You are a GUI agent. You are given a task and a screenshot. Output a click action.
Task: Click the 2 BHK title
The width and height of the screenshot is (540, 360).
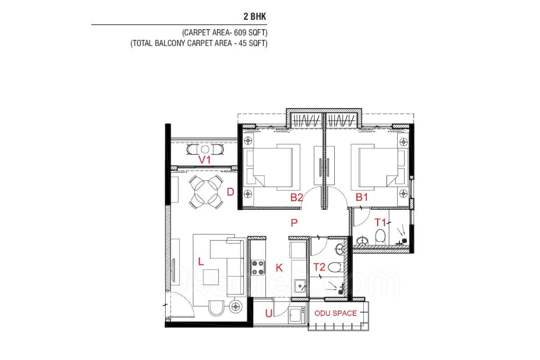[x=255, y=16]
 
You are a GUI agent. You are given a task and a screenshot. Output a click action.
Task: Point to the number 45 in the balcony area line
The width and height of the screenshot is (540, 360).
[x=243, y=43]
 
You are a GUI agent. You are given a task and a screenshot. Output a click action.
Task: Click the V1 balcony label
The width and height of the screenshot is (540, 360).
[x=204, y=160]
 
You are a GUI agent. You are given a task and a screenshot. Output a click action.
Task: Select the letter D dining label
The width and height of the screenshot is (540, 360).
[x=230, y=192]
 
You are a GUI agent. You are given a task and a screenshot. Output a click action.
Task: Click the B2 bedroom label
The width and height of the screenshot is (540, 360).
[x=296, y=198]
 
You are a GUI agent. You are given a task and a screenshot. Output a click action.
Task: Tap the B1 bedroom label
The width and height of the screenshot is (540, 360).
[x=362, y=197]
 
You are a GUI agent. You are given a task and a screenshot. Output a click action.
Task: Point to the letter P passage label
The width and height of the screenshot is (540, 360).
[x=294, y=223]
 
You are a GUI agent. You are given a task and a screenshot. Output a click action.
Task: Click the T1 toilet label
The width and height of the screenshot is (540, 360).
[x=380, y=222]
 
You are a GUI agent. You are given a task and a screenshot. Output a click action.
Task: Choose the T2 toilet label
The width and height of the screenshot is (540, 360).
[x=319, y=267]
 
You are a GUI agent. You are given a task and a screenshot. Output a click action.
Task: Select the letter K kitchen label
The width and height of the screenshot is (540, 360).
[x=279, y=268]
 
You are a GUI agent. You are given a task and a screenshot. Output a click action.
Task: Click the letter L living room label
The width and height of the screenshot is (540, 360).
[x=201, y=261]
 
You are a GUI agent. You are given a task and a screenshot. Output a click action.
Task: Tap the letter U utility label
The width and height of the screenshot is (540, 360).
[x=269, y=313]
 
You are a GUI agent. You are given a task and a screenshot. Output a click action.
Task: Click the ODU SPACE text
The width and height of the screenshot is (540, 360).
[x=336, y=313]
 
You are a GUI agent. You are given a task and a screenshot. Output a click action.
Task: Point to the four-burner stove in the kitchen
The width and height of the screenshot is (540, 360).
[x=258, y=268]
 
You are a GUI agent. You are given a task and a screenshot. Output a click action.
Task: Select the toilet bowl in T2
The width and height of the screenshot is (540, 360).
[x=335, y=267]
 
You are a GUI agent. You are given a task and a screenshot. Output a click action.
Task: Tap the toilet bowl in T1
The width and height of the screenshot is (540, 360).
[x=380, y=235]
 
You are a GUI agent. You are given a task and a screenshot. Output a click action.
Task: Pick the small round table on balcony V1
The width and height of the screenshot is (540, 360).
[x=205, y=149]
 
